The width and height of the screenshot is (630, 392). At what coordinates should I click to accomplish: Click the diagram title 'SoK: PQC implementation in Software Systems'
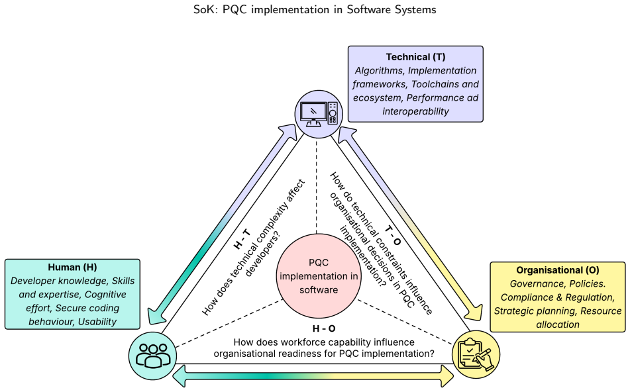coord(315,9)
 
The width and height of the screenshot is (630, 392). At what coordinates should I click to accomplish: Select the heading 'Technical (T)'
coord(415,57)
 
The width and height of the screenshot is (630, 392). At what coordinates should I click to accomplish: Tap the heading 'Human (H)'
coord(72,267)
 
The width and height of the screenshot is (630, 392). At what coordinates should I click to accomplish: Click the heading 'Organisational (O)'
coord(557,270)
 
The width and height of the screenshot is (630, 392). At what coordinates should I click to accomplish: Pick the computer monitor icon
coord(319,114)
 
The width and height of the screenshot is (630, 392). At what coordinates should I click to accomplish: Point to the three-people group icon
coord(152,356)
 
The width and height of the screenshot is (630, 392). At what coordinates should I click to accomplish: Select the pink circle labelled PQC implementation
coord(319,276)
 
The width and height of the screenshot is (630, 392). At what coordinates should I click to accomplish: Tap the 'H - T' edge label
coord(242,240)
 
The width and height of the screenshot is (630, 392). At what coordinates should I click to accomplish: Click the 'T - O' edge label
coord(393,235)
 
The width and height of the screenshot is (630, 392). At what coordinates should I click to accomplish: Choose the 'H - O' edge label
coord(324,328)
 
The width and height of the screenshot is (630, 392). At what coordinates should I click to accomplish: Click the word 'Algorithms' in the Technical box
coord(379,71)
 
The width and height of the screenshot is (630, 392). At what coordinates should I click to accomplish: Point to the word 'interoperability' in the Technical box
coord(415,111)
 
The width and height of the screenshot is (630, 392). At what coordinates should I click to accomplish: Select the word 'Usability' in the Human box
coord(97,322)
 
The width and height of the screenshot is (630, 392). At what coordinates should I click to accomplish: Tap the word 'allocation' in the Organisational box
coord(558,324)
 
